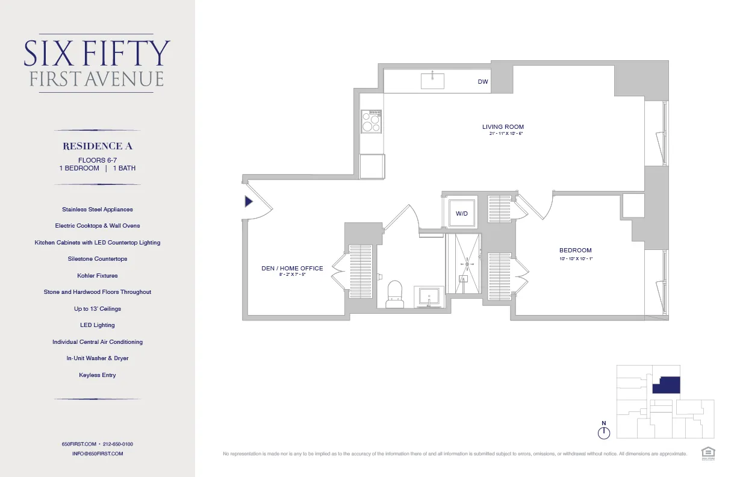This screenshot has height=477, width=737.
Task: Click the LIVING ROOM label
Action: (x=503, y=127)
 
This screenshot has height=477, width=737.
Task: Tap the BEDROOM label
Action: (x=575, y=251)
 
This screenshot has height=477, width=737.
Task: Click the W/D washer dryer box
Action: (x=462, y=213)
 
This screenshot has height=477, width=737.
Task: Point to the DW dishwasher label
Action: (x=482, y=82)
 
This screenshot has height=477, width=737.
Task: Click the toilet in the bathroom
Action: (x=395, y=293)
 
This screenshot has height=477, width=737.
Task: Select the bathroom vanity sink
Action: (x=429, y=297)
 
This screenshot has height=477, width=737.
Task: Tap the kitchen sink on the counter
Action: (x=432, y=79)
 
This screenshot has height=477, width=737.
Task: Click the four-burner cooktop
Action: (x=372, y=122)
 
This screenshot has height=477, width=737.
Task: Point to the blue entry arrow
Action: (x=248, y=202)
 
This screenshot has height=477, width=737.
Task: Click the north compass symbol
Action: (x=604, y=432)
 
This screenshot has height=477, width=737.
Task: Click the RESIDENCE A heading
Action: (x=98, y=146)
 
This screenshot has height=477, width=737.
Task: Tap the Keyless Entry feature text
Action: (x=98, y=375)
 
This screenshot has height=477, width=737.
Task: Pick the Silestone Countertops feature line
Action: (x=98, y=259)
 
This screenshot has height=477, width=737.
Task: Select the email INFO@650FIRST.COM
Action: (x=98, y=454)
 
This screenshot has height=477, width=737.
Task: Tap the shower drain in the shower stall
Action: (x=466, y=264)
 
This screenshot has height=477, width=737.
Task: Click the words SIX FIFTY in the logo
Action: (x=97, y=54)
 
